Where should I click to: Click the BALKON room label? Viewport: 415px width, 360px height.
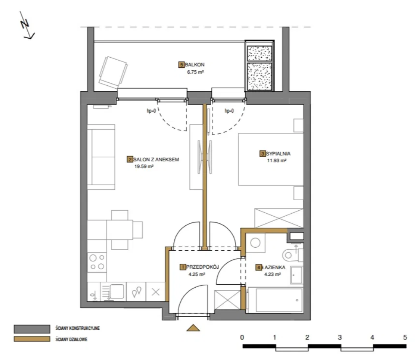[194, 64]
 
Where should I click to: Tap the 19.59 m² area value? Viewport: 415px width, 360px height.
[144, 167]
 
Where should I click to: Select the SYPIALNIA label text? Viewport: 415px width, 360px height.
[278, 154]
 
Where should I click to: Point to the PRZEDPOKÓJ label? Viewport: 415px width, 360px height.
[202, 267]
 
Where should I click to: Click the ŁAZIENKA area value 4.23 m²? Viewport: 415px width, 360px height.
[272, 274]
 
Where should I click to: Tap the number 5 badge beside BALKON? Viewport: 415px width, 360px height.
[181, 64]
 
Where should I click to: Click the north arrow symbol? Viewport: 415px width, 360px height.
[27, 25]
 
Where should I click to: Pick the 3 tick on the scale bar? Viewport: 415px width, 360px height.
[340, 337]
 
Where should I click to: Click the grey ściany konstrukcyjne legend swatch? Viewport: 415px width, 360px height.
[32, 329]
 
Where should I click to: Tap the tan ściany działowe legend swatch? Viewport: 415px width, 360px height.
[32, 339]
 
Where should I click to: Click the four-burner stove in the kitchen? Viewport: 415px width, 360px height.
[97, 262]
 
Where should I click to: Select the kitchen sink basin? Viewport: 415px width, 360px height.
[117, 291]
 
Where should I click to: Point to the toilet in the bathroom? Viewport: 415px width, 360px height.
[293, 255]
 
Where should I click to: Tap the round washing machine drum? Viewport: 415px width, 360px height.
[255, 243]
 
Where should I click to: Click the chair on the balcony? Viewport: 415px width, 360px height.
[113, 72]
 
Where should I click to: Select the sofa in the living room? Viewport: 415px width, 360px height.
[101, 157]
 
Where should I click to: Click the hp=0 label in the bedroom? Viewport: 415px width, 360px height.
[229, 111]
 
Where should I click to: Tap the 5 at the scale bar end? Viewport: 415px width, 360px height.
[405, 337]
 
